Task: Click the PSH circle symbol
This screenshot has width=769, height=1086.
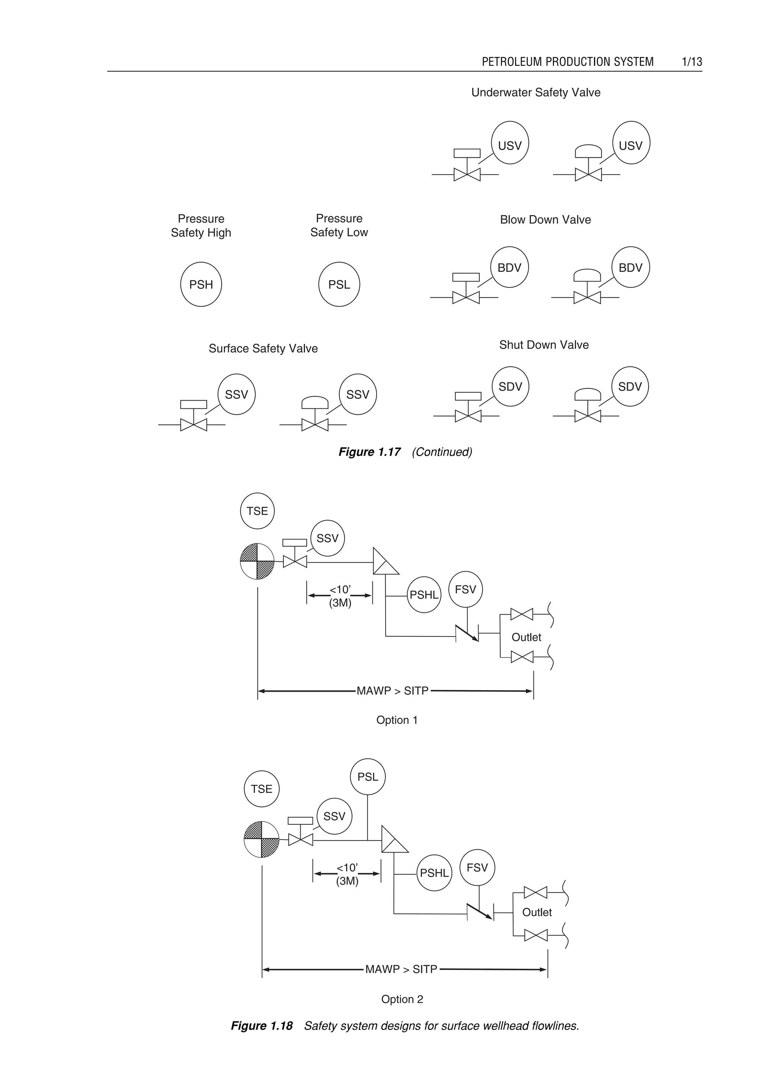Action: click(201, 284)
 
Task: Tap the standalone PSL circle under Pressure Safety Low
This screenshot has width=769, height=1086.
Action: click(339, 284)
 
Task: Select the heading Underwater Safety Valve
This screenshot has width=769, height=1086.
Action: click(535, 92)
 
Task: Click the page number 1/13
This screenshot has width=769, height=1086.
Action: click(691, 62)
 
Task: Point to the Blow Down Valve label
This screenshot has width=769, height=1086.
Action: click(545, 220)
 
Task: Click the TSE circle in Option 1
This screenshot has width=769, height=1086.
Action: click(257, 511)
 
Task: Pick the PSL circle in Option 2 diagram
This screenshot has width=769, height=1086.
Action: click(368, 777)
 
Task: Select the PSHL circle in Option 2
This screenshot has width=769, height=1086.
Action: click(434, 873)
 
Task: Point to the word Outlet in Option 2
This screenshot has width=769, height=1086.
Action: click(537, 912)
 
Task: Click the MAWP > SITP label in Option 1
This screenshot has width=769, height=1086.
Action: click(392, 691)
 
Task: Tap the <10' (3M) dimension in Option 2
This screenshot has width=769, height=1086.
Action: click(347, 874)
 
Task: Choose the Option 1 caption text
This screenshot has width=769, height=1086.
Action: click(397, 720)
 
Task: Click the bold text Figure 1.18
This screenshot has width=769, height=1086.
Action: click(261, 1026)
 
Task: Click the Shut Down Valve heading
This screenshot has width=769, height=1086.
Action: click(544, 345)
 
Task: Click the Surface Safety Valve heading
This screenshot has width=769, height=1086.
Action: click(263, 348)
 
